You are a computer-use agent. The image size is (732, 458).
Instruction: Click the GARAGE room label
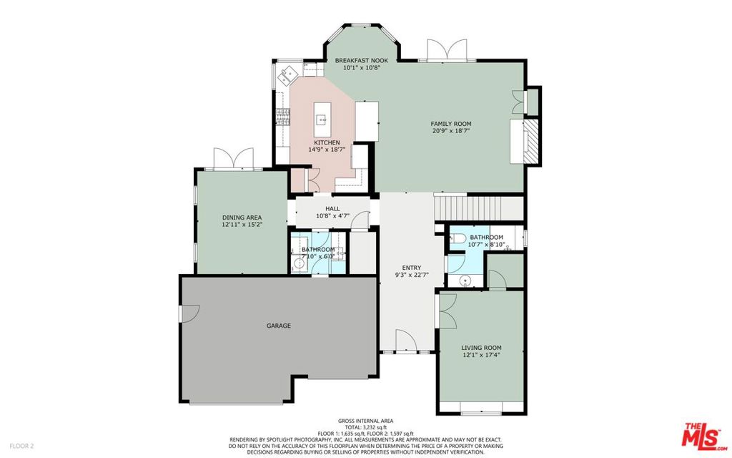[x=279, y=326]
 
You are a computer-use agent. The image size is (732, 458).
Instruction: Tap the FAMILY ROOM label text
[x=451, y=124]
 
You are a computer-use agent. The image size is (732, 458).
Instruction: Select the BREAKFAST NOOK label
[x=362, y=61]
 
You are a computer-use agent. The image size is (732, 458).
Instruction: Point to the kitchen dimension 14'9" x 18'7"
[x=327, y=150]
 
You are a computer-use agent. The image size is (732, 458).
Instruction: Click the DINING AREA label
[x=242, y=218]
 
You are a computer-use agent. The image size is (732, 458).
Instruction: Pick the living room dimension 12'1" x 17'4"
[x=481, y=355]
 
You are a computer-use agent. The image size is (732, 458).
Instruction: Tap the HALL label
[x=333, y=209]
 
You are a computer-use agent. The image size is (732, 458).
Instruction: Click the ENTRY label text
[x=411, y=268]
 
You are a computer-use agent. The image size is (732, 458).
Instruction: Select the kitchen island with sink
[x=322, y=120]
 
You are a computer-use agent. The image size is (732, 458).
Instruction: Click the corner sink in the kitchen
[x=287, y=74]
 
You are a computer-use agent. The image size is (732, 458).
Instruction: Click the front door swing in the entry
[x=406, y=340]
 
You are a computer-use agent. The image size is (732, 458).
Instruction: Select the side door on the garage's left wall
[x=189, y=313]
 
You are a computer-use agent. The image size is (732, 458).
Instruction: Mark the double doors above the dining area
[x=234, y=158]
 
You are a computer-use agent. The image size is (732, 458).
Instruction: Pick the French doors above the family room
[x=447, y=49]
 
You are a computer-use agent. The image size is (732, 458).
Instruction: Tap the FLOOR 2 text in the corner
[x=22, y=446]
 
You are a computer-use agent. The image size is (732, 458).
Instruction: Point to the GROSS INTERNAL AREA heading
[x=365, y=421]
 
